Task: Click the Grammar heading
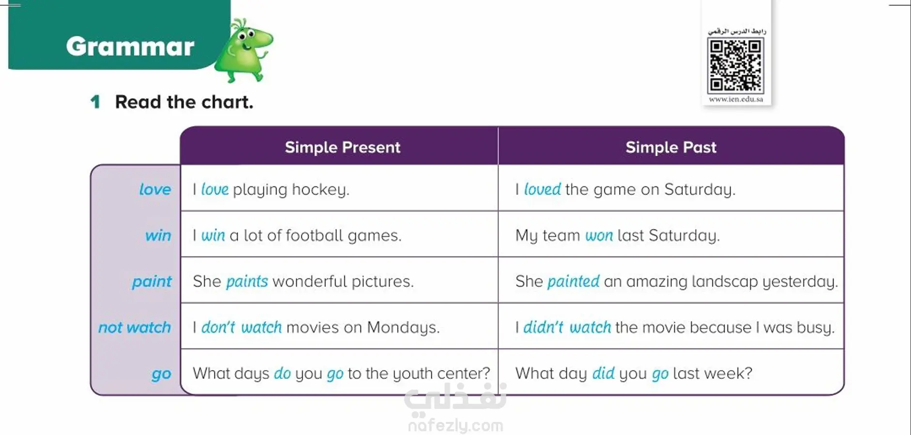(x=130, y=46)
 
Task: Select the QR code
(x=735, y=66)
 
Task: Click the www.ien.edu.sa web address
(x=736, y=99)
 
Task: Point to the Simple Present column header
(x=342, y=147)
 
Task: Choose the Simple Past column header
(x=671, y=147)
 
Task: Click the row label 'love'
(x=155, y=189)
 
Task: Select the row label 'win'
(x=158, y=235)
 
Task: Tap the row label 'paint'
(x=152, y=282)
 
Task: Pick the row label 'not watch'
(x=135, y=328)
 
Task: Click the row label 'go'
(x=161, y=374)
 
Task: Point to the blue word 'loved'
(x=542, y=189)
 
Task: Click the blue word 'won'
(x=599, y=236)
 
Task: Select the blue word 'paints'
(x=247, y=282)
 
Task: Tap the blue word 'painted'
(x=573, y=281)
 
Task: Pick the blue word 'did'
(x=603, y=373)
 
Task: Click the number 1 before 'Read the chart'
(x=95, y=102)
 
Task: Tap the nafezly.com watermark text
(x=455, y=426)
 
